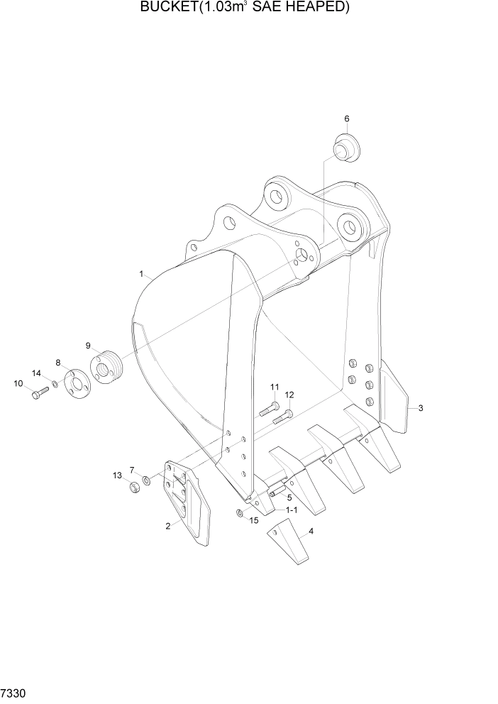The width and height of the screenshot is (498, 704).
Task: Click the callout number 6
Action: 347,119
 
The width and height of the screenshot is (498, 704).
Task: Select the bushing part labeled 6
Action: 345,148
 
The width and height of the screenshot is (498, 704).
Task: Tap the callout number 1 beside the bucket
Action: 141,273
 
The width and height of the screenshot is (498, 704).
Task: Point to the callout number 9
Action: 88,346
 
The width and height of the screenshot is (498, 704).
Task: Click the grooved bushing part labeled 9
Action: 106,368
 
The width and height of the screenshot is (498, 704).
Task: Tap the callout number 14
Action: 36,373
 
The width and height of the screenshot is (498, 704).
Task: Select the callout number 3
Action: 421,408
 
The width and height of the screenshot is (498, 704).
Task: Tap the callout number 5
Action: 289,497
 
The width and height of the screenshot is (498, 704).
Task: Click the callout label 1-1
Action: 292,510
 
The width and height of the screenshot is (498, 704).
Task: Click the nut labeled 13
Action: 132,488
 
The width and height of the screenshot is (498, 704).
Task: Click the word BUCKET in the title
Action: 169,8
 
